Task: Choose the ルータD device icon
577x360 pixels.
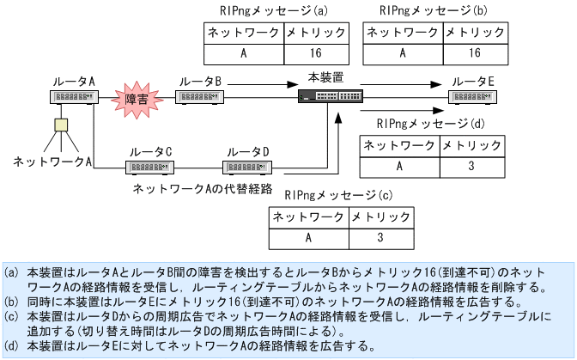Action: [x=247, y=166]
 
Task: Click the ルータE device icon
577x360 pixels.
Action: [x=473, y=97]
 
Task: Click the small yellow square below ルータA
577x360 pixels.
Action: [x=60, y=125]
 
